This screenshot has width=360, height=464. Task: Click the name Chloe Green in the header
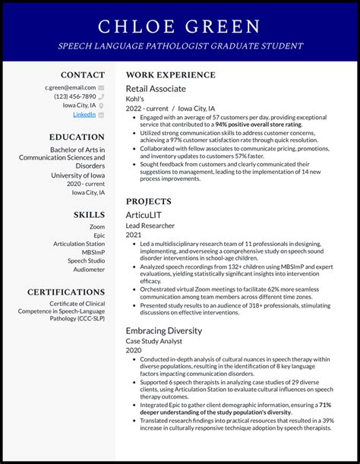tap(179, 27)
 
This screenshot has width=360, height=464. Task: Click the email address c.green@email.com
tap(70, 87)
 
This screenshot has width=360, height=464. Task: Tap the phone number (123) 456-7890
tap(74, 96)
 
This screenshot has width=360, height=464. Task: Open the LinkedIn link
tap(84, 115)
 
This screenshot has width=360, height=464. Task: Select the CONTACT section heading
tap(83, 75)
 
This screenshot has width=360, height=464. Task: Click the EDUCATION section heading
tap(77, 137)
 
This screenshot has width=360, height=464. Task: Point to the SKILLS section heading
tap(89, 215)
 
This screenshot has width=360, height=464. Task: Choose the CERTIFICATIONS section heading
tap(66, 292)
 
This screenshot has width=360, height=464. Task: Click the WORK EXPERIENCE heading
tap(170, 75)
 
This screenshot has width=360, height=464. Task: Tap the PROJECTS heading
tap(148, 201)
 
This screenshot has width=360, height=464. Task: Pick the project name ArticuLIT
tap(144, 215)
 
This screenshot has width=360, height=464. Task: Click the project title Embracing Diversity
tap(163, 330)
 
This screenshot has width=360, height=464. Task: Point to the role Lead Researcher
tap(150, 226)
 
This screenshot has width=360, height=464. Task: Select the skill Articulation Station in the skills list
tap(79, 244)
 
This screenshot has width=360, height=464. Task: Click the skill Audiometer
tap(89, 270)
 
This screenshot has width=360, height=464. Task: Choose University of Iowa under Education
tap(77, 175)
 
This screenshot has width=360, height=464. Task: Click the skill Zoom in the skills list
tap(97, 226)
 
